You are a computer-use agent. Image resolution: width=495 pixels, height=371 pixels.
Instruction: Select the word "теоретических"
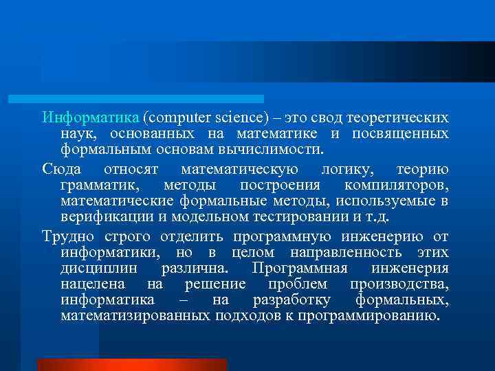[401, 117]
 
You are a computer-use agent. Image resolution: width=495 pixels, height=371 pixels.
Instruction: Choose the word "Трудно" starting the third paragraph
[67, 238]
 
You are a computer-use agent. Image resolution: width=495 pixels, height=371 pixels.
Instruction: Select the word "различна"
[199, 269]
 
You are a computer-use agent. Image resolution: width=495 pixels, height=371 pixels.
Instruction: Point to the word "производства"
[399, 284]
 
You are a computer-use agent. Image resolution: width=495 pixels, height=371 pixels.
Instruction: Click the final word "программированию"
[369, 316]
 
